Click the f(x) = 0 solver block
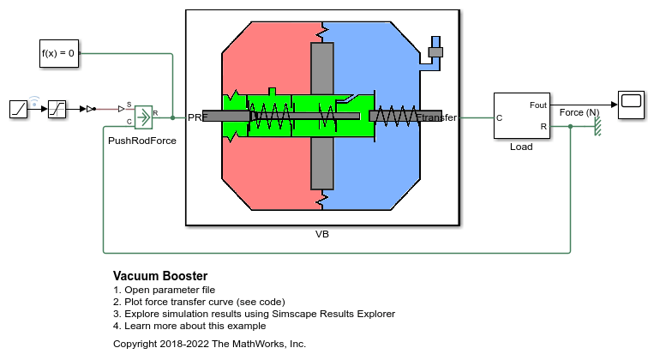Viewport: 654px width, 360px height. (58, 53)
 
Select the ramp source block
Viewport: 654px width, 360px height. (20, 109)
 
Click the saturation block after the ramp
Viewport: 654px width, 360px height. (57, 109)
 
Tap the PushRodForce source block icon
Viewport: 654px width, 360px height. (142, 116)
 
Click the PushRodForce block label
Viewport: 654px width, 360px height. (142, 141)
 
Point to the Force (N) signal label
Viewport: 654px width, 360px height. (579, 112)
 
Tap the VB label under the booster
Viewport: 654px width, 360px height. (322, 233)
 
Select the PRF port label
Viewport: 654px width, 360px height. (197, 117)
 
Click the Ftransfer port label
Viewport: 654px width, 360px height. (436, 117)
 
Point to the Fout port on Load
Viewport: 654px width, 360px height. (538, 105)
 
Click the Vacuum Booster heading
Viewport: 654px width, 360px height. (160, 276)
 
